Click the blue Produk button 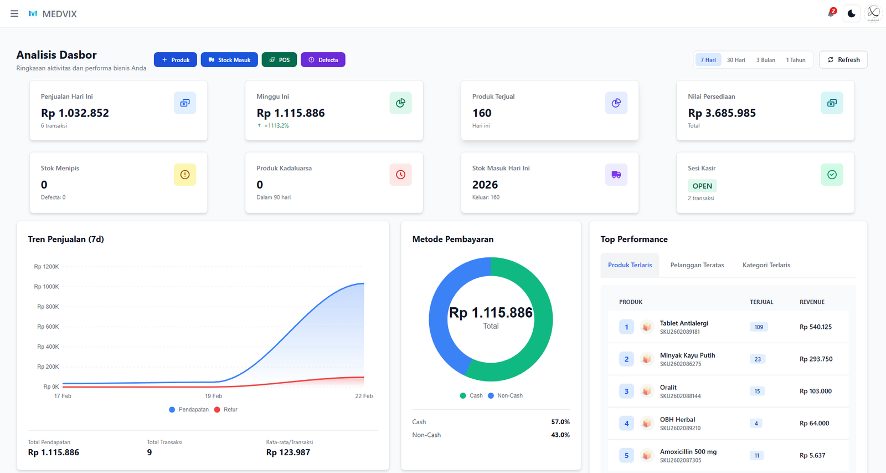coord(175,60)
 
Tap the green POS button coord(279,60)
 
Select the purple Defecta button coord(323,60)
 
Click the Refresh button coord(843,60)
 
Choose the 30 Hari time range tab coord(735,60)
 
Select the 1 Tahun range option coord(795,60)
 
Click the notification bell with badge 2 coord(831,13)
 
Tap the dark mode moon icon coord(851,13)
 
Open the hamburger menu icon coord(14,14)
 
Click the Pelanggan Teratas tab coord(697,265)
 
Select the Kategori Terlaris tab coord(766,265)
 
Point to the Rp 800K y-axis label coord(48,307)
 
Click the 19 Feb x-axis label coord(213,396)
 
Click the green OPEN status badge coord(702,186)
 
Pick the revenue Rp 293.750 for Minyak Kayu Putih coord(816,359)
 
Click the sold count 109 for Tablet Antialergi coord(758,327)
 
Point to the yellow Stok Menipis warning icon coord(185,175)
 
